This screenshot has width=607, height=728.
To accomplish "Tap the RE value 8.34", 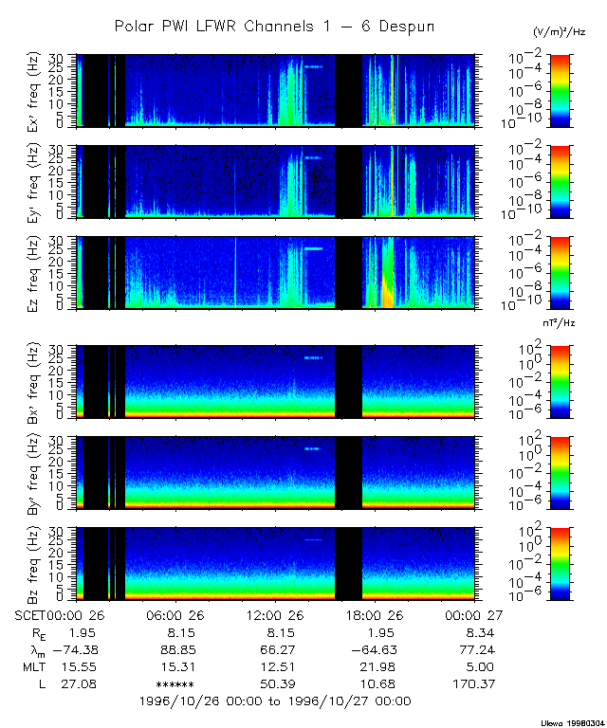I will [x=480, y=632].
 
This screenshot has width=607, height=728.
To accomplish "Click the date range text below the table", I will [x=274, y=701].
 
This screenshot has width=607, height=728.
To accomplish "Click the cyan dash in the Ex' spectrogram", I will [x=314, y=66].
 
